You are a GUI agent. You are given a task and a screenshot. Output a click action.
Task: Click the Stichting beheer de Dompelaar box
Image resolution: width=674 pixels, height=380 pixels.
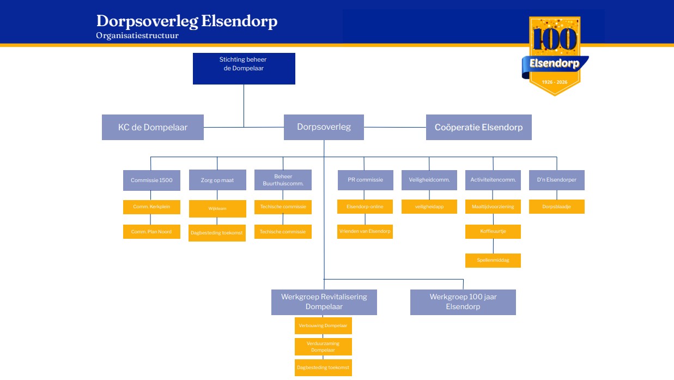pyautogui.click(x=244, y=68)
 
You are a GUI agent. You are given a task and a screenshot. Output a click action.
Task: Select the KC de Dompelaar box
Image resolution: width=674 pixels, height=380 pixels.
pyautogui.click(x=153, y=127)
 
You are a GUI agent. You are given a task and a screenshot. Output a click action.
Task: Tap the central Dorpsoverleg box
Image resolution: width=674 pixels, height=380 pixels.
pyautogui.click(x=324, y=127)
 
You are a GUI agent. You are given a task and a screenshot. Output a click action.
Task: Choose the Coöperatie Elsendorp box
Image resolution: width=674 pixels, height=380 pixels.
pyautogui.click(x=478, y=127)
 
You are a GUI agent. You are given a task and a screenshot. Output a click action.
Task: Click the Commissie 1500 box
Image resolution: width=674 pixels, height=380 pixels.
pyautogui.click(x=151, y=180)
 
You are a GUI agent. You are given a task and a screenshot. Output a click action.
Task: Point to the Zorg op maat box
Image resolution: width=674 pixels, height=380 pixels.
pyautogui.click(x=217, y=180)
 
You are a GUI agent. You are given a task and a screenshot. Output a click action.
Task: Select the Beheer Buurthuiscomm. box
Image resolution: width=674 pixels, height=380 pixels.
pyautogui.click(x=283, y=180)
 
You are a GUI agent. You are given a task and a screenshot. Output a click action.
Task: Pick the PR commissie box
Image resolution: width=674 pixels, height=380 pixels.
pyautogui.click(x=365, y=180)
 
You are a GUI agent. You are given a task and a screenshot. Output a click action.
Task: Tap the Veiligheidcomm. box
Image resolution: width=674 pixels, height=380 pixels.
pyautogui.click(x=429, y=180)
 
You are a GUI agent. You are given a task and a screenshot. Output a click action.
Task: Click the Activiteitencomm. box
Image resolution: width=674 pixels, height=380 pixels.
pyautogui.click(x=493, y=180)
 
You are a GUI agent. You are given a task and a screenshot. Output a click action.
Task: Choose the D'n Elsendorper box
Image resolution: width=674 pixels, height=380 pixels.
pyautogui.click(x=556, y=180)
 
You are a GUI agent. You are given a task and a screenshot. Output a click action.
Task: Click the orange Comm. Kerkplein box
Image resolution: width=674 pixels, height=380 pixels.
pyautogui.click(x=151, y=207)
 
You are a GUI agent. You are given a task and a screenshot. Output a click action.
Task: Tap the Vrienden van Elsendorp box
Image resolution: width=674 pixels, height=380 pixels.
pyautogui.click(x=365, y=231)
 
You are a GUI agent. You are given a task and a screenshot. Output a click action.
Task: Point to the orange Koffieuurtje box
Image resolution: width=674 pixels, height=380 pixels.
pyautogui.click(x=493, y=231)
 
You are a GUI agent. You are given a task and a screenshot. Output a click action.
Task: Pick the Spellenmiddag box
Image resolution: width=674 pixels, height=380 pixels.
pyautogui.click(x=493, y=260)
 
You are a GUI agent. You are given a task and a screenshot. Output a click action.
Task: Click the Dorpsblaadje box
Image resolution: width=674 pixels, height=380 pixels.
pyautogui.click(x=556, y=207)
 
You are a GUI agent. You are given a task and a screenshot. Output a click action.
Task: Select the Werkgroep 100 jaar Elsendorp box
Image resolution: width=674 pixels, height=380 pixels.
pyautogui.click(x=463, y=302)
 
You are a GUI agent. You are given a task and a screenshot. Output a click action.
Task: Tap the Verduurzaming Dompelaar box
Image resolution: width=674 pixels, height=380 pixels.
pyautogui.click(x=323, y=347)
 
